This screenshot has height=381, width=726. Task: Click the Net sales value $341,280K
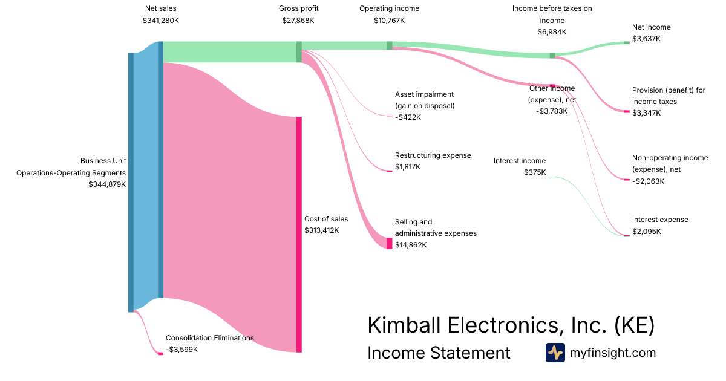(x=160, y=21)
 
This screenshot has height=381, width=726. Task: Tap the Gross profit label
(x=298, y=8)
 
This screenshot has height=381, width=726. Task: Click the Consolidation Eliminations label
(x=210, y=338)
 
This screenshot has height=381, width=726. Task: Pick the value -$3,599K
(x=181, y=350)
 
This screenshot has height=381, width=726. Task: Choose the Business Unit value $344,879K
(x=107, y=184)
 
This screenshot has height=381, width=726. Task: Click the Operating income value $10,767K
(x=389, y=21)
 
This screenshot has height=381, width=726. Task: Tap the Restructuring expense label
(x=433, y=155)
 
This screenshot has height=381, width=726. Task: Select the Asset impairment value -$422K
(x=408, y=117)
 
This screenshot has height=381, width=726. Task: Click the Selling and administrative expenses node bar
(x=390, y=243)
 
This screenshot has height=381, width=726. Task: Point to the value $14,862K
(x=411, y=245)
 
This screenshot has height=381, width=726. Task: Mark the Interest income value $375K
(x=535, y=172)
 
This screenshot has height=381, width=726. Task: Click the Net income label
(x=651, y=27)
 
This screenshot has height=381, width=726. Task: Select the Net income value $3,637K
(x=647, y=39)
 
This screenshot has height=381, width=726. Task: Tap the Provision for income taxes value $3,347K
(x=647, y=113)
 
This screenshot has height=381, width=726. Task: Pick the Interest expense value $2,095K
(x=647, y=231)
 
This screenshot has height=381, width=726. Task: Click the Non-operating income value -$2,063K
(x=648, y=181)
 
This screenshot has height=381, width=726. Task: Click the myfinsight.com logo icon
(x=555, y=353)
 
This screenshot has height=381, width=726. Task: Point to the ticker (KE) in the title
(x=634, y=325)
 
